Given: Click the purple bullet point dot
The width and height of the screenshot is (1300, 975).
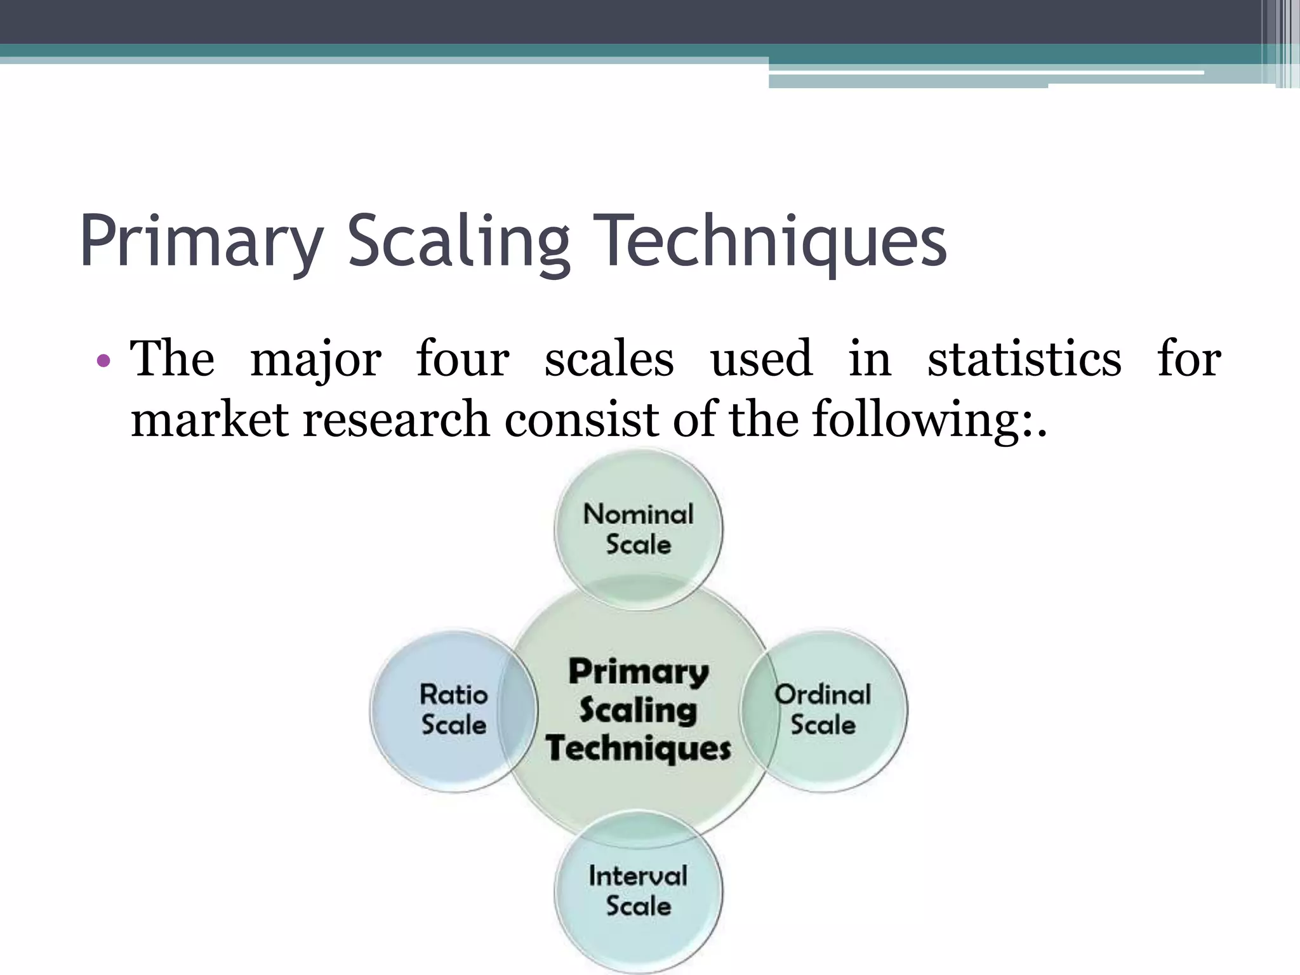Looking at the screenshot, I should (x=103, y=362).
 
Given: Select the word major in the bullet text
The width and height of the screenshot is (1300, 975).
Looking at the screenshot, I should (x=315, y=359).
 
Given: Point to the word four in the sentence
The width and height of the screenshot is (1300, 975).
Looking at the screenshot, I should (x=462, y=359).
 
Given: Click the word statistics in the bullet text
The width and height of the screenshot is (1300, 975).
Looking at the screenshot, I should (x=1024, y=359).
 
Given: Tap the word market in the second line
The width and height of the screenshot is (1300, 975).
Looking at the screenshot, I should (x=209, y=420).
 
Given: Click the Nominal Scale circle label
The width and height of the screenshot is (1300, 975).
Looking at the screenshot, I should (x=638, y=529).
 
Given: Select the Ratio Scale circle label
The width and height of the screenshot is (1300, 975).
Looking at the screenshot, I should (x=453, y=709).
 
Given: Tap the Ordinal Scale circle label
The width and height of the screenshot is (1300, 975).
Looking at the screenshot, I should (x=823, y=709).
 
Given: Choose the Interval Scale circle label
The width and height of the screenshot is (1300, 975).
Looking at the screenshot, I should (x=638, y=890).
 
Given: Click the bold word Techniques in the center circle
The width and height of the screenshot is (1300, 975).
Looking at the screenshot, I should (x=638, y=748).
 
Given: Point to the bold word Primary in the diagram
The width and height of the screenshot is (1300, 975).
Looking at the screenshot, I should (x=638, y=672).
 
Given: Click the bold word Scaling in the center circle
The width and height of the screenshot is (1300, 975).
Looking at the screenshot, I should (x=638, y=710).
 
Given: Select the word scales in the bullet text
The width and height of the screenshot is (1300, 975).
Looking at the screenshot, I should (x=609, y=359).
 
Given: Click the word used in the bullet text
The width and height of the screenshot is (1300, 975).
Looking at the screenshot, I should (x=761, y=359).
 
